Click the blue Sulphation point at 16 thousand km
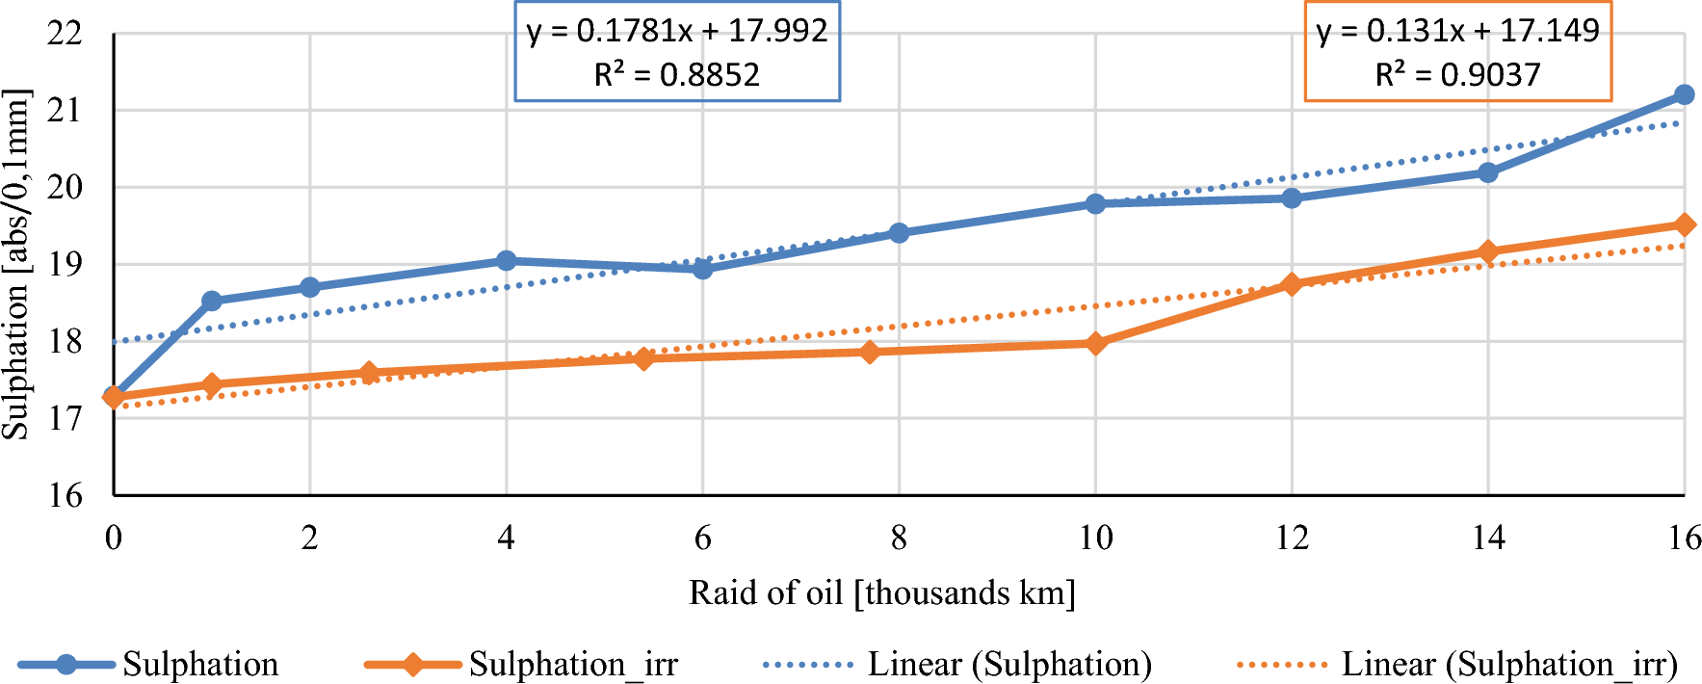(x=1684, y=94)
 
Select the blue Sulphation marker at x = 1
(x=212, y=302)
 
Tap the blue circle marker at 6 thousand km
(x=703, y=269)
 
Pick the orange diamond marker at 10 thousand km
(x=1095, y=343)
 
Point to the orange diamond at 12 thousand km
(x=1292, y=284)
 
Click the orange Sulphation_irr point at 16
(x=1684, y=224)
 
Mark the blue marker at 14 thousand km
(x=1487, y=172)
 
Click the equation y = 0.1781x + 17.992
(x=676, y=32)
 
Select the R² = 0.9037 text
(x=1457, y=75)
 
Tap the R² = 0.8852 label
(x=676, y=75)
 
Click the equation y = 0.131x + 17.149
(x=1457, y=32)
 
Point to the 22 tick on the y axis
(x=65, y=34)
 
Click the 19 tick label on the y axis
(x=65, y=264)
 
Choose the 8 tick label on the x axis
(x=899, y=538)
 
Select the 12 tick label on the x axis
(x=1292, y=538)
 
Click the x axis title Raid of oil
(x=881, y=592)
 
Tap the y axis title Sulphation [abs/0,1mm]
(x=15, y=264)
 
